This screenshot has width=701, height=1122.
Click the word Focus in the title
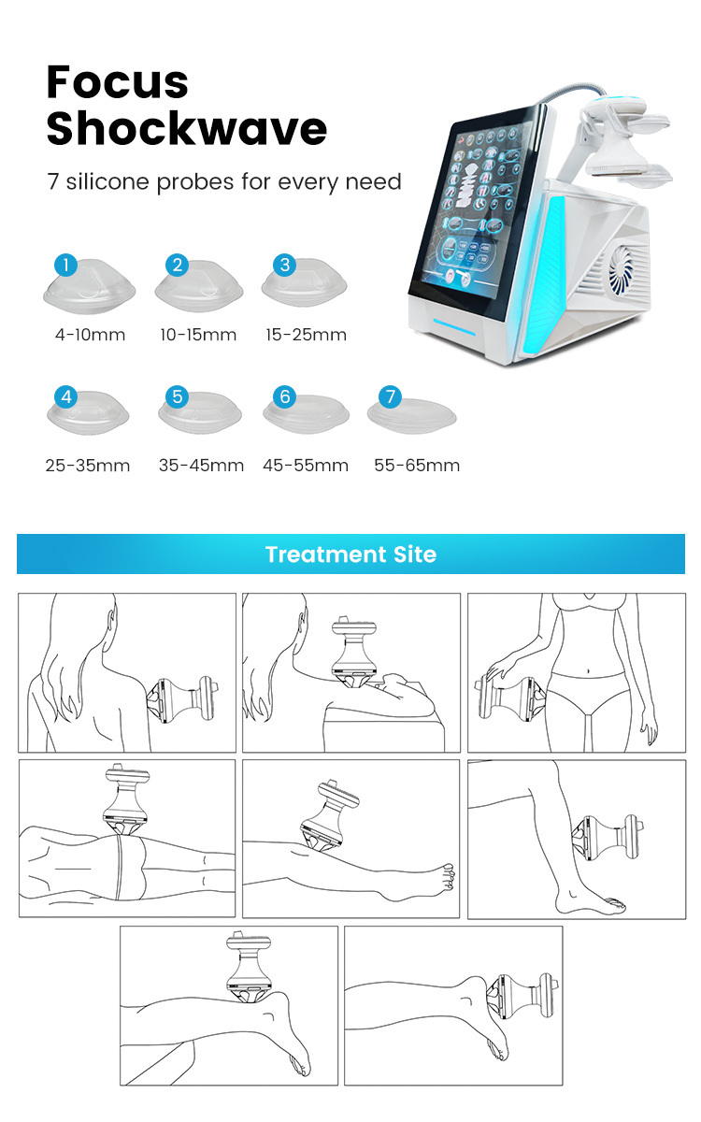pos(117,81)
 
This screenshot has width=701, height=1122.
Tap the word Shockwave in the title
pos(187,128)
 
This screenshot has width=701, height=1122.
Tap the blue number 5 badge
pos(178,396)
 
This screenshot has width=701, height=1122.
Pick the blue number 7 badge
pos(391,396)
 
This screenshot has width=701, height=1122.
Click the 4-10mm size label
pos(90,335)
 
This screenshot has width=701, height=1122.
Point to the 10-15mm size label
pos(198,335)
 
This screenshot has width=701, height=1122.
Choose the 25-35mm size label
pos(88,466)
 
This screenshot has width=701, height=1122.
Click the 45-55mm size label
pos(306,466)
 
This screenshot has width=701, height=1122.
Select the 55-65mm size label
pos(417,466)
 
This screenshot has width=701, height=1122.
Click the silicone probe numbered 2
pos(199,286)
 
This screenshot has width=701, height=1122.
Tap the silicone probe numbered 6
pos(307,413)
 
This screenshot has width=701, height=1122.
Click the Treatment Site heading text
pos(351,554)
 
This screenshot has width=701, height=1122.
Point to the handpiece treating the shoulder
pos(181,699)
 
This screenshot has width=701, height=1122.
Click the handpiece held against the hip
pos(510,698)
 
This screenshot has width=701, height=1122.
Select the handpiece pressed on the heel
pos(522,998)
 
